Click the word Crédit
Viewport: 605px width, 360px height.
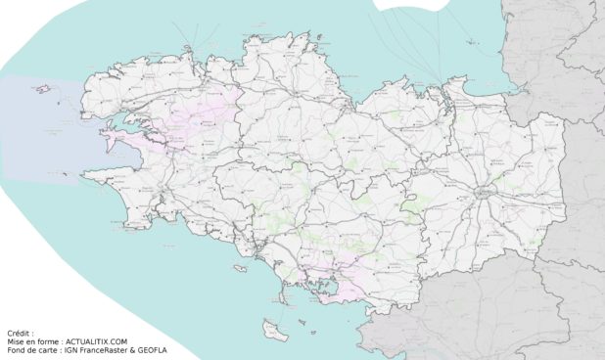tap(20, 333)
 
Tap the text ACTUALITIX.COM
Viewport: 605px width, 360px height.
tap(95, 341)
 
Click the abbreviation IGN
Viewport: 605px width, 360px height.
tap(70, 350)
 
